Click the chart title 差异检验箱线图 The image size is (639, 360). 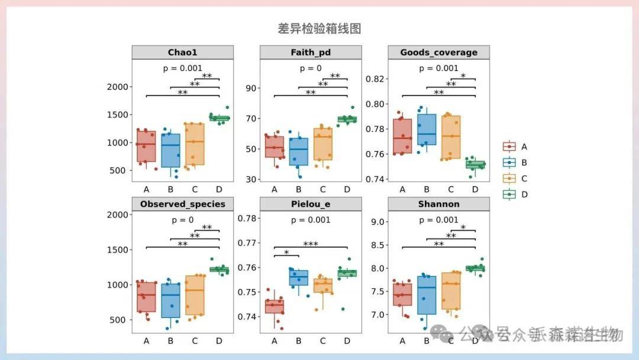(x=319, y=28)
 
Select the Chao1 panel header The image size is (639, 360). (x=182, y=53)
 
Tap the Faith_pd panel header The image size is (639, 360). (x=311, y=53)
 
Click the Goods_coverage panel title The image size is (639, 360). (x=438, y=53)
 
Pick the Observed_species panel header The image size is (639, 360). (x=182, y=204)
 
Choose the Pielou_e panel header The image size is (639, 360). (x=311, y=204)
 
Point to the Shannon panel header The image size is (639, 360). (x=438, y=204)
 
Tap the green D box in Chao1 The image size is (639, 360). (x=219, y=118)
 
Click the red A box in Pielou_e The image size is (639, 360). (x=274, y=306)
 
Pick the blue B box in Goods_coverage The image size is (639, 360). (x=426, y=130)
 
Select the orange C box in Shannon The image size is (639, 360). (x=451, y=291)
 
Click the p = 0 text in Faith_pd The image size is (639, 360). (x=311, y=69)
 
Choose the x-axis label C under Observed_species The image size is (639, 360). (x=195, y=341)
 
